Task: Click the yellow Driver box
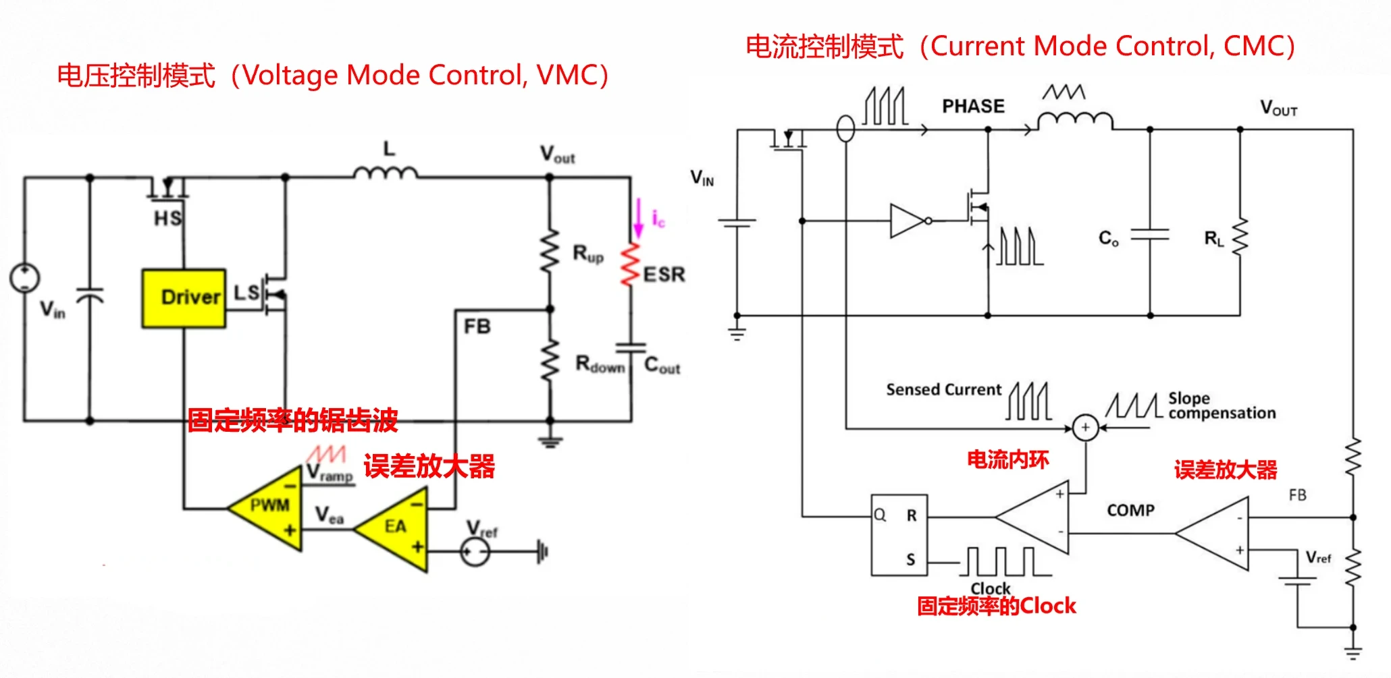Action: click(184, 298)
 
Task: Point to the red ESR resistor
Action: click(631, 264)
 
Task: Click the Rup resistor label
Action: click(588, 254)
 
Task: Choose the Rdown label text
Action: click(600, 365)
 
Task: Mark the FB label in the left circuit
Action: click(477, 327)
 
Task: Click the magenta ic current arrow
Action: click(638, 218)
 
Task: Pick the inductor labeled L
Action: click(386, 173)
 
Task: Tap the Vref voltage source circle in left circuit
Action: click(475, 553)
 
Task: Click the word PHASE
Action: click(973, 107)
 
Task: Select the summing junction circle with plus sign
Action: click(1085, 428)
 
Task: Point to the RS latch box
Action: click(899, 535)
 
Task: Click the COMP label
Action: click(1130, 511)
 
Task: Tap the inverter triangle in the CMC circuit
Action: click(908, 221)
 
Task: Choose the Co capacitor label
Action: click(1108, 238)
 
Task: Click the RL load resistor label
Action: click(1213, 238)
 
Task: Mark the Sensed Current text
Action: click(943, 390)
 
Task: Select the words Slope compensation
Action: click(1222, 405)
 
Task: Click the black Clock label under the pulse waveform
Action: click(991, 588)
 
